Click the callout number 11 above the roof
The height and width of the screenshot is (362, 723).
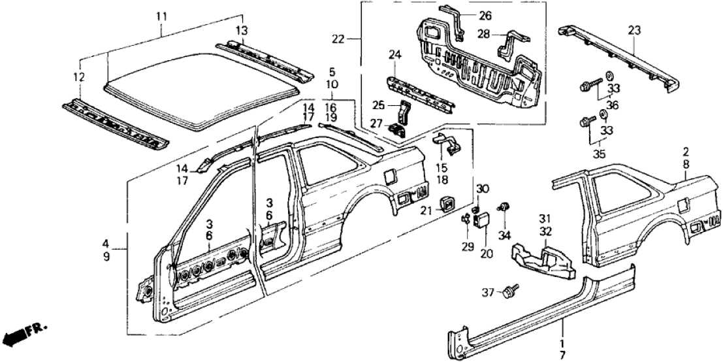162,14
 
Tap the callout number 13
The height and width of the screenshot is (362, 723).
242,31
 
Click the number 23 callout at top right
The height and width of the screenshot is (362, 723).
634,29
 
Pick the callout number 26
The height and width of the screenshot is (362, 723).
485,16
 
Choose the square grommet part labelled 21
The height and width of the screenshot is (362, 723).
448,204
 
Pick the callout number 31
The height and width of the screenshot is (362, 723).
543,218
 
